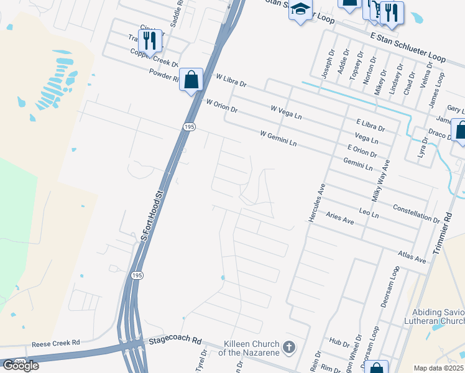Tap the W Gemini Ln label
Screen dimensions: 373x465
(x=279, y=138)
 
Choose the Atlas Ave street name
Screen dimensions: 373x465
(x=412, y=256)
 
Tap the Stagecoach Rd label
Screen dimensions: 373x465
(x=175, y=341)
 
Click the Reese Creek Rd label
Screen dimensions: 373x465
(x=56, y=343)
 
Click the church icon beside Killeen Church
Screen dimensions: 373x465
(x=288, y=347)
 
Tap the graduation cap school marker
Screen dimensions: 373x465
(x=300, y=10)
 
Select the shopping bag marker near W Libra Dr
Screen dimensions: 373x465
(x=191, y=80)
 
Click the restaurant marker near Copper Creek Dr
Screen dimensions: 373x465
(x=150, y=40)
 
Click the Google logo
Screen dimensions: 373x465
(x=20, y=365)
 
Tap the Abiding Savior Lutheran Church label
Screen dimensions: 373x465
(x=438, y=316)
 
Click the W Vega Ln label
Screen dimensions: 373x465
(x=286, y=113)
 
